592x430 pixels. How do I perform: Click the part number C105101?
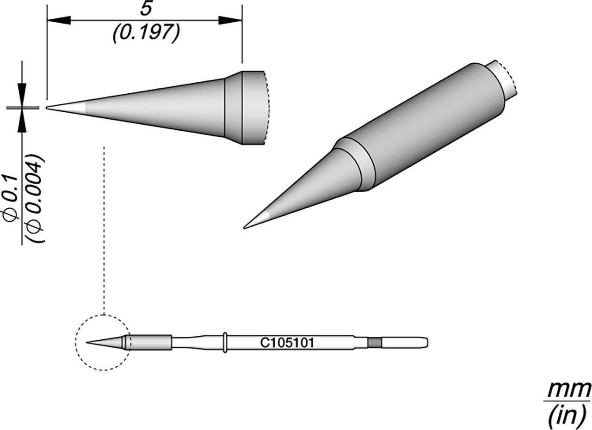click(x=287, y=343)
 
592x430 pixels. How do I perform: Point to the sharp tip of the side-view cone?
click(x=48, y=108)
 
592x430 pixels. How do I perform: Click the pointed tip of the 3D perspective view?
click(x=245, y=227)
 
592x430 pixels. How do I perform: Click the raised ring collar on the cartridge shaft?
click(x=225, y=343)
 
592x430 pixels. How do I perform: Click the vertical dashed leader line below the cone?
click(x=105, y=231)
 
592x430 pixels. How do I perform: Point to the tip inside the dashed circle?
click(x=89, y=343)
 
